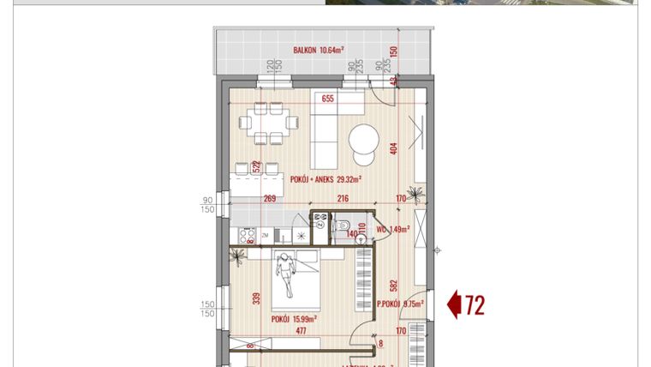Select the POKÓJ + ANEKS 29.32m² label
(x=325, y=179)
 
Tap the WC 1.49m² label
(x=394, y=229)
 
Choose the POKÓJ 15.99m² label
(x=294, y=318)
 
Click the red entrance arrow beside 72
(x=454, y=304)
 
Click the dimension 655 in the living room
(x=327, y=99)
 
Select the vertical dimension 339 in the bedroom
(x=256, y=298)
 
